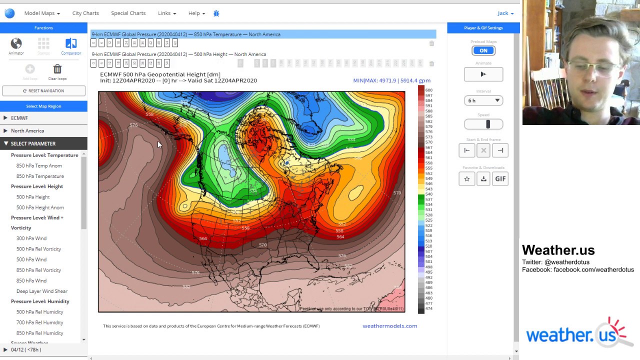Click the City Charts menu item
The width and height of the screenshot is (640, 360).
(x=85, y=13)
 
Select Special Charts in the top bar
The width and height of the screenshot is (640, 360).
(x=128, y=13)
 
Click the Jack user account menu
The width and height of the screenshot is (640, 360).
(x=505, y=13)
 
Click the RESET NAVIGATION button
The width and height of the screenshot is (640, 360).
(x=43, y=91)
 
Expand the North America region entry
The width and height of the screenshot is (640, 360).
(x=27, y=130)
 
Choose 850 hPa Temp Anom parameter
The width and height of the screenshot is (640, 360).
(x=39, y=165)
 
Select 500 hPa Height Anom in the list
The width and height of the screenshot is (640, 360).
(x=40, y=207)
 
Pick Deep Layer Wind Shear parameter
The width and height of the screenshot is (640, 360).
(x=41, y=291)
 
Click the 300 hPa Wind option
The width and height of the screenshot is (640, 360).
(x=31, y=238)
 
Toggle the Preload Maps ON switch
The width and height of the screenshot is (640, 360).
(x=483, y=50)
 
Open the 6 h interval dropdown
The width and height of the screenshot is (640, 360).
(x=483, y=100)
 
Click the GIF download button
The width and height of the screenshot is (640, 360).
(x=500, y=179)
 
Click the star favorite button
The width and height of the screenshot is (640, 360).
(x=466, y=179)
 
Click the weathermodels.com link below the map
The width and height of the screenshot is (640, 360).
(x=389, y=326)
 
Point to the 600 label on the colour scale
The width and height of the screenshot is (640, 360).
(x=428, y=90)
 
